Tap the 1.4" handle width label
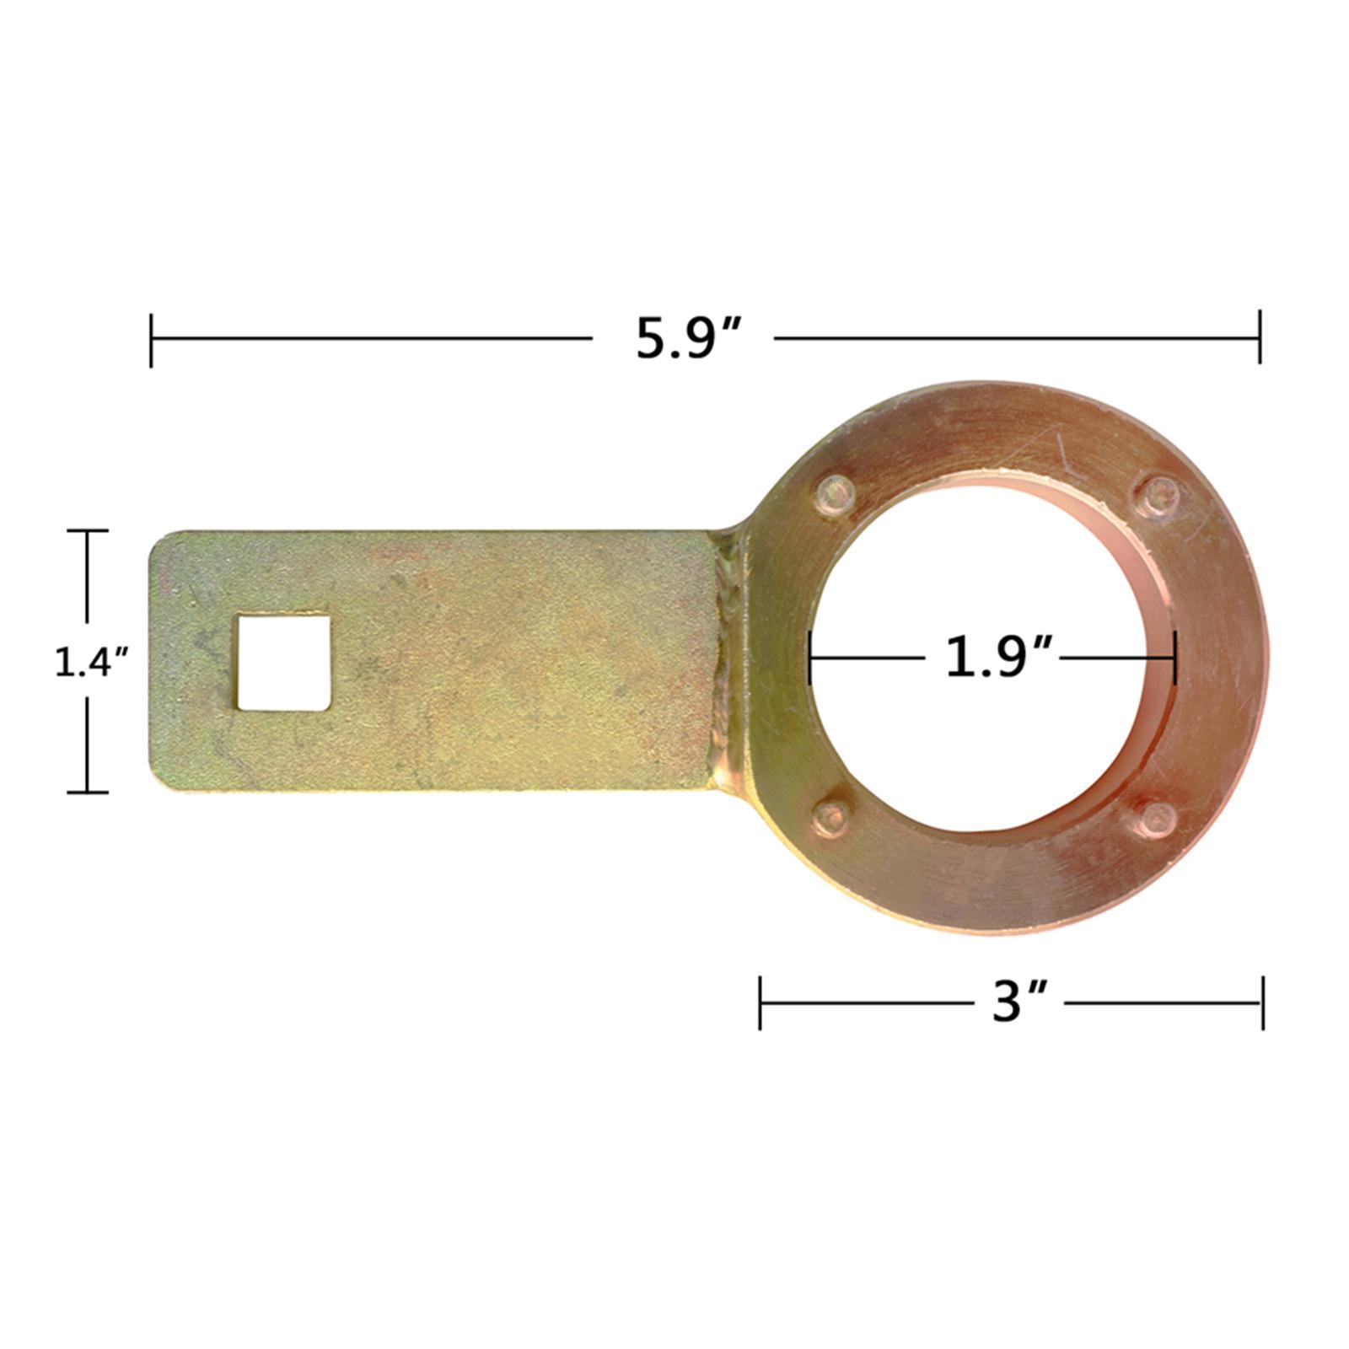pos(89,663)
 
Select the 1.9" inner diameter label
pos(999,657)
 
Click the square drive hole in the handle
pos(283,663)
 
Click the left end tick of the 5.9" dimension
pos(151,339)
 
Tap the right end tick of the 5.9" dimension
pos(1260,337)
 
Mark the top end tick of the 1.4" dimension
pos(88,530)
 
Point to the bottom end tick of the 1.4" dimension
pos(88,792)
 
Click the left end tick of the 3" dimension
pos(760,1002)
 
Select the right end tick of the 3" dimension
pos(1262,1002)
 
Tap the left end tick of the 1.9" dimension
pos(809,657)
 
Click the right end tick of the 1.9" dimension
pos(1174,657)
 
